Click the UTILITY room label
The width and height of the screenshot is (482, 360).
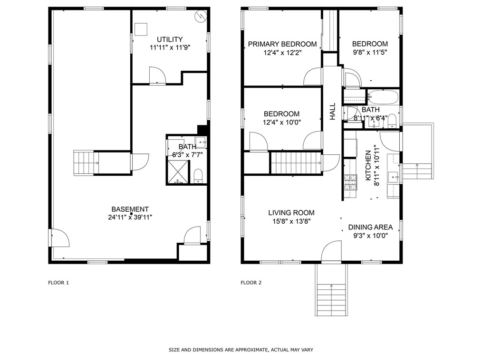pos(170,39)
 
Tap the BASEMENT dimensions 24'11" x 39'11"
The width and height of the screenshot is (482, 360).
pos(130,217)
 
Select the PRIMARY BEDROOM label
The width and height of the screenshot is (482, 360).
pos(282,44)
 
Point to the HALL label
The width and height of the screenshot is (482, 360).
pos(332,111)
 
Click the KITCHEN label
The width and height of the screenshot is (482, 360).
pos(367,165)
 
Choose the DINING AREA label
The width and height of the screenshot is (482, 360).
pos(370,227)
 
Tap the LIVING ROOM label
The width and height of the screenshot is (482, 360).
pos(291,213)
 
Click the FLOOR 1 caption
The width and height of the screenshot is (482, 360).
pos(58,283)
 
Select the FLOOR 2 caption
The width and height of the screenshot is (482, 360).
pos(251,283)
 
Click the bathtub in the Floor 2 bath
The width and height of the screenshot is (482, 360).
pos(383,97)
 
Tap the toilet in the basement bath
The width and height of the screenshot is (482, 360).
pos(198,176)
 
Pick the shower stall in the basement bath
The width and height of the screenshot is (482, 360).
pos(178,172)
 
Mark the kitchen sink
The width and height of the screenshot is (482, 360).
pos(393,177)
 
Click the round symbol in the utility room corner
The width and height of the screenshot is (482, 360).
pos(200,16)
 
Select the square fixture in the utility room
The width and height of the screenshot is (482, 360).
pos(141,29)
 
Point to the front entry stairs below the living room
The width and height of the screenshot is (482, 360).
pos(331,300)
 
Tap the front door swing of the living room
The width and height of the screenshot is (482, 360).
pos(331,251)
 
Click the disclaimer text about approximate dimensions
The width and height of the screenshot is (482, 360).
pos(241,350)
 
